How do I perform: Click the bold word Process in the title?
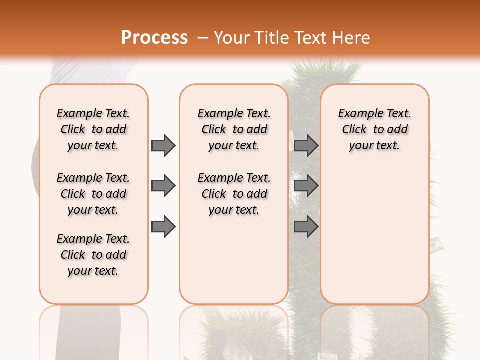tap(154, 37)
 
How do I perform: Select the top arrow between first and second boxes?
tap(163, 145)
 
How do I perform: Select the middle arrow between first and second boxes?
tap(163, 186)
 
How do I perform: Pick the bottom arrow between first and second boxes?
tap(163, 226)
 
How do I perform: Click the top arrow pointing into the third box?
tap(306, 145)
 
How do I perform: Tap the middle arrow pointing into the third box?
tap(306, 186)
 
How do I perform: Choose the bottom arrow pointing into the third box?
tap(306, 226)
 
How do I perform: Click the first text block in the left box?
tap(93, 129)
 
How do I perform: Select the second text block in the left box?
tap(93, 194)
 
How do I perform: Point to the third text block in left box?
tap(93, 255)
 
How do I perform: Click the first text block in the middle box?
tap(234, 129)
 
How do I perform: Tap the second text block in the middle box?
tap(234, 194)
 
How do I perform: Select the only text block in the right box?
tap(374, 129)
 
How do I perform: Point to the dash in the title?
tap(203, 38)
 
